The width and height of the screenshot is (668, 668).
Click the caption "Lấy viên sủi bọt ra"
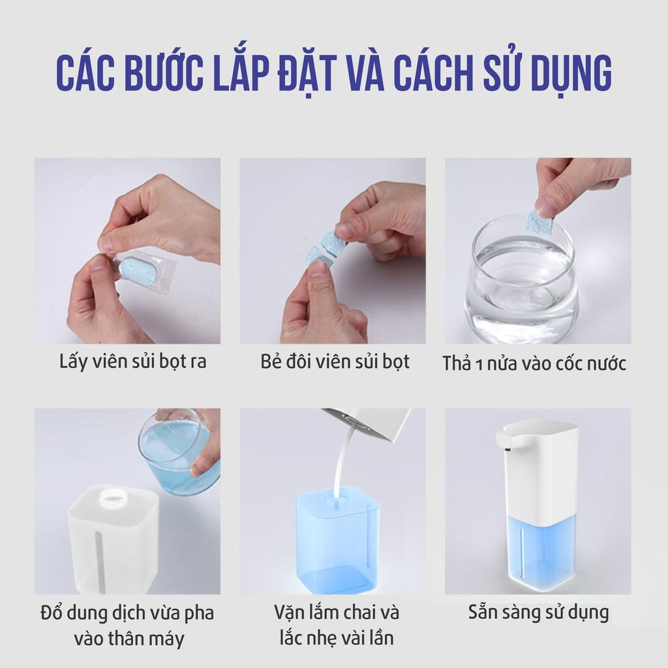(132, 361)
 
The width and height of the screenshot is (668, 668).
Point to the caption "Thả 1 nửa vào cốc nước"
(534, 363)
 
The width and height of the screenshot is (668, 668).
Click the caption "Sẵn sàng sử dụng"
(538, 613)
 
